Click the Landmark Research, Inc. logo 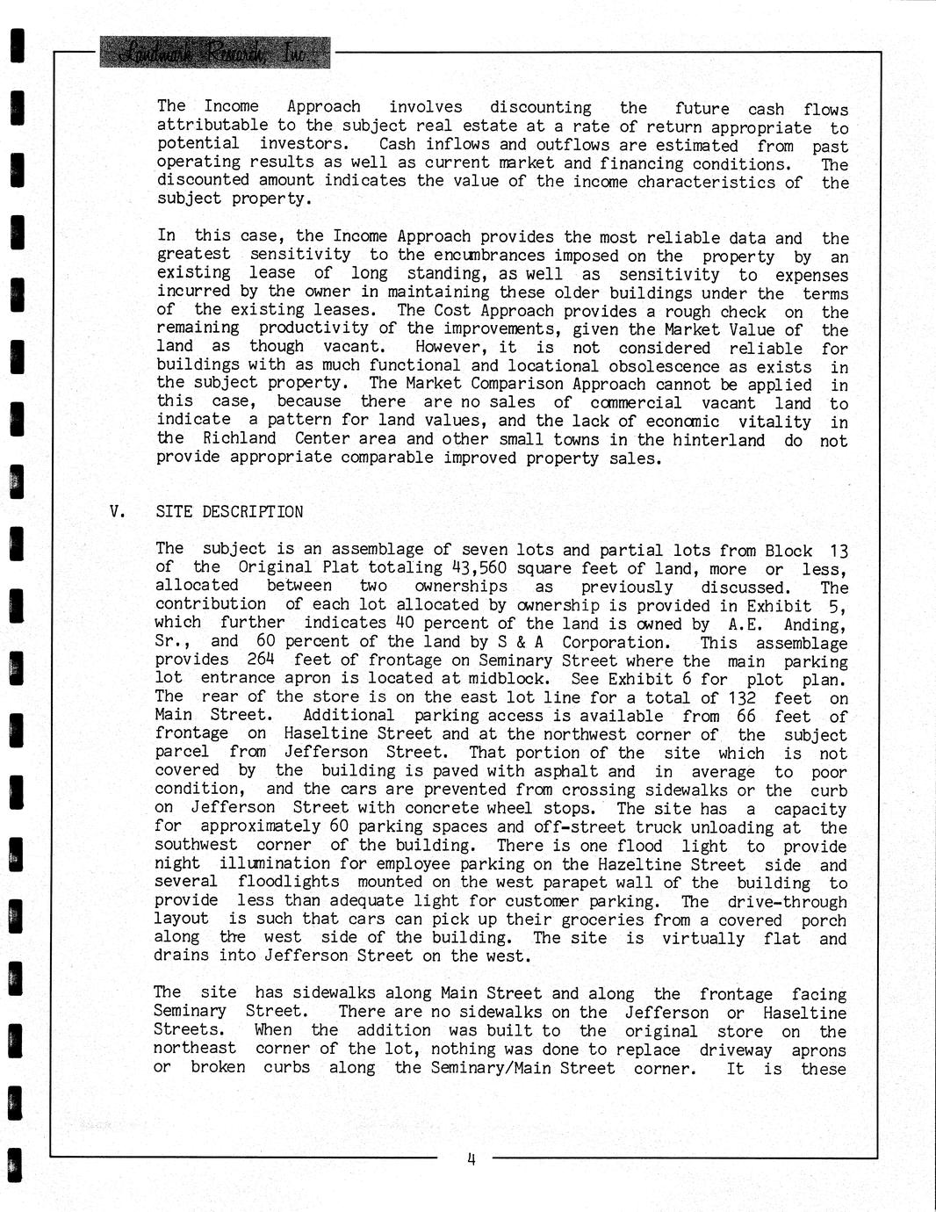click(x=215, y=53)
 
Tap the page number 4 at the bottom click(x=471, y=1158)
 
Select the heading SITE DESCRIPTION click(x=229, y=512)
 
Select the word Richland click(x=239, y=438)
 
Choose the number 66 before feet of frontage click(x=746, y=716)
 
